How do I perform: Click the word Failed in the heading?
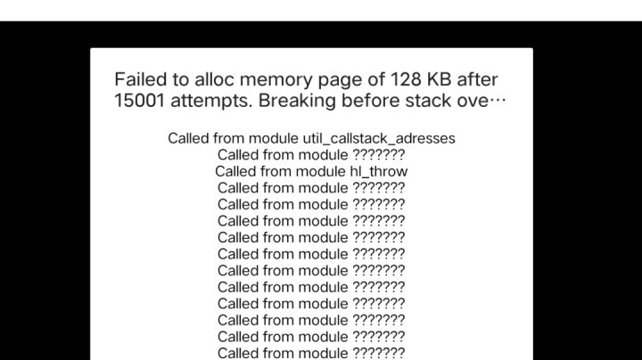(x=141, y=79)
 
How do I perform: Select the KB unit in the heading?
(x=439, y=79)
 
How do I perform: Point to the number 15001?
(x=140, y=101)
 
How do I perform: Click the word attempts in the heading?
(x=211, y=102)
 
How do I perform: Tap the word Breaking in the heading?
(x=298, y=101)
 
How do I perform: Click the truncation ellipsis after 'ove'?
(x=498, y=100)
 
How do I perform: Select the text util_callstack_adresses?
(x=379, y=139)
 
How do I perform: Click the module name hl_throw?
(x=379, y=171)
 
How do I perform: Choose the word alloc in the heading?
(x=215, y=79)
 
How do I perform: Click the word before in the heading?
(x=371, y=101)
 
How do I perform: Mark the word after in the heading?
(x=477, y=79)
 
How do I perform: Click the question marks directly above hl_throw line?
(x=379, y=155)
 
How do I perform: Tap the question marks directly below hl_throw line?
(x=379, y=188)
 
